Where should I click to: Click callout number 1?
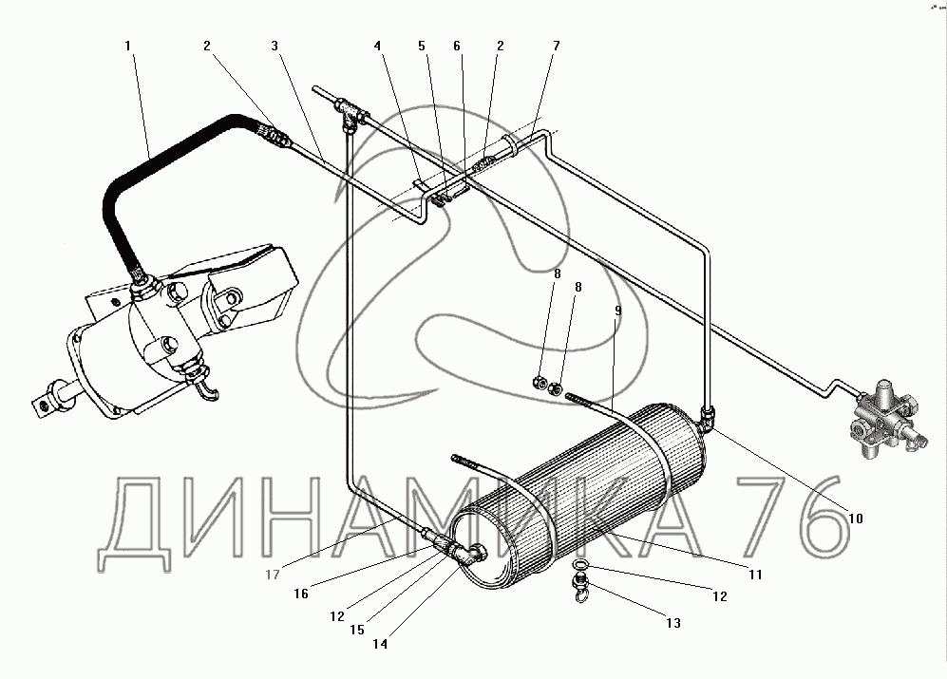coord(128,46)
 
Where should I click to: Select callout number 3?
coord(275,46)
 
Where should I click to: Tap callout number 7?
coord(557,46)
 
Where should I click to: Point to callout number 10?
coord(856,519)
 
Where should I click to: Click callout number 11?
coord(755,575)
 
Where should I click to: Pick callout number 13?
coord(673,623)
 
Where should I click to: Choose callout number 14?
coord(380,644)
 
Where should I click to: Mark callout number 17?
coord(273,575)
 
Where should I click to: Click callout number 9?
coord(617,311)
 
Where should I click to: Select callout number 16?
coord(301,594)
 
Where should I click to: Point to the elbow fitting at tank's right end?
coord(708,418)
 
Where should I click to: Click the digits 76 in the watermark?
coord(787,518)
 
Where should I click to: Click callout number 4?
coord(377,46)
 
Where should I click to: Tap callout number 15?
coord(357,630)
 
